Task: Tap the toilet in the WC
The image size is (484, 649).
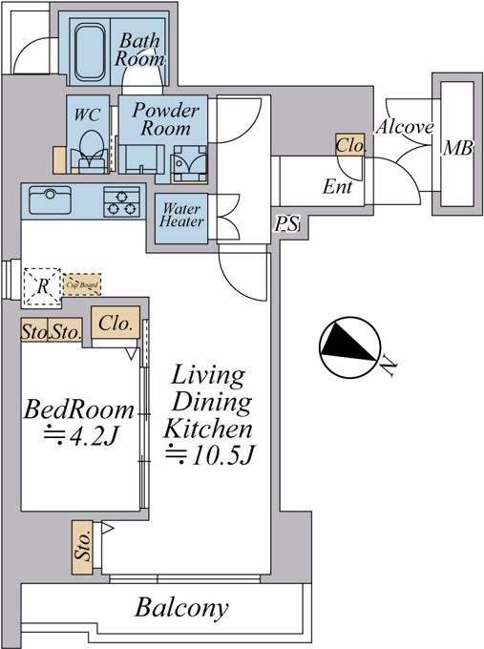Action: (x=92, y=152)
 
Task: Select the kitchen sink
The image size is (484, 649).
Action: (x=50, y=199)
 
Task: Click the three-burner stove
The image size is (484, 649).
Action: (x=122, y=201)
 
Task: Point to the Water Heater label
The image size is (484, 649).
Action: (x=181, y=215)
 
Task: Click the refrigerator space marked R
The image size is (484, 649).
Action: (x=42, y=287)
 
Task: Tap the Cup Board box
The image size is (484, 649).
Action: (x=82, y=284)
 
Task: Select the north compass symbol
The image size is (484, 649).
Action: (x=349, y=347)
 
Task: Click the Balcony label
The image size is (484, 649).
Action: (x=181, y=608)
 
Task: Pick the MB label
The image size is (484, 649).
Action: (x=457, y=148)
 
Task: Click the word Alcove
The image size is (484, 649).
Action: (x=405, y=127)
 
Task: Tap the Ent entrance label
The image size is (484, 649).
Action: (x=337, y=187)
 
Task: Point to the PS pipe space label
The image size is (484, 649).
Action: (x=286, y=224)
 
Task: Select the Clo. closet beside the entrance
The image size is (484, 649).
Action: (x=350, y=145)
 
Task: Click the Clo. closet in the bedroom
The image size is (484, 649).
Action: (x=116, y=323)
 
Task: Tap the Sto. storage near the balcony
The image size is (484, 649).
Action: (x=82, y=547)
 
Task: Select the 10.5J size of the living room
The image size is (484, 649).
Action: (x=210, y=455)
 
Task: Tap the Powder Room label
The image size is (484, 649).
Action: (x=165, y=119)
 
